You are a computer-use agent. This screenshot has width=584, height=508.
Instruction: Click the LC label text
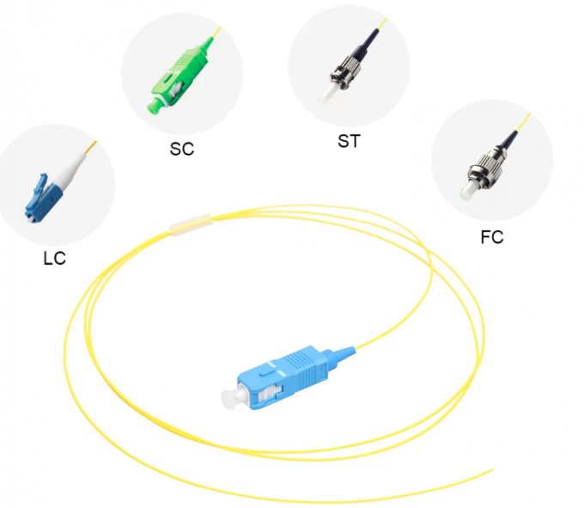[x=54, y=257]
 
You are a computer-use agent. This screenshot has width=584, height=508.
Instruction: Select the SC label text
[x=182, y=149]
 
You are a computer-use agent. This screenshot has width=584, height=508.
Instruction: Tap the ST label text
[x=348, y=141]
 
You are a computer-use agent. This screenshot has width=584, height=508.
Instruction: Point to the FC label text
[x=492, y=237]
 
